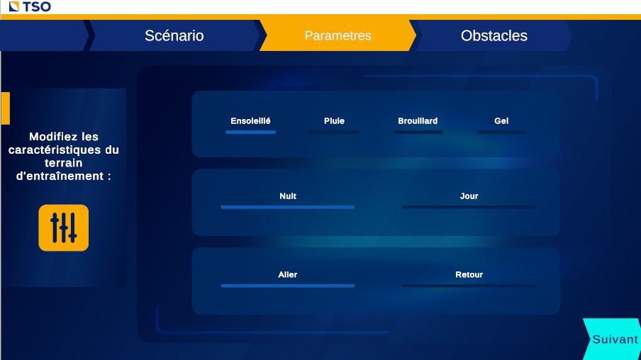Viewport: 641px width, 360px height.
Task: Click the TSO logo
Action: [x=30, y=7]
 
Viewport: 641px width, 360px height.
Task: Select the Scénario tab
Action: [x=174, y=35]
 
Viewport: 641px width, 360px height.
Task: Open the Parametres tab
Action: [x=338, y=35]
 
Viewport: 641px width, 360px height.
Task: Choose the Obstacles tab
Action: [x=494, y=35]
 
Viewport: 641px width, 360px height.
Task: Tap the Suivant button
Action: [x=614, y=339]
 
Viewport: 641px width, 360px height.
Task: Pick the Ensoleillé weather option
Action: [x=250, y=121]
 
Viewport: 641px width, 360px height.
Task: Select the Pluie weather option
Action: [x=334, y=121]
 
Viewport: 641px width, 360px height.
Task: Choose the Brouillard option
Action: [x=418, y=121]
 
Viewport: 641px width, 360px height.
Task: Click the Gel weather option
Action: [x=501, y=121]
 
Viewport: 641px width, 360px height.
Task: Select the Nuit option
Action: [x=287, y=196]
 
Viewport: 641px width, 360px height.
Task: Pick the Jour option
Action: [x=469, y=196]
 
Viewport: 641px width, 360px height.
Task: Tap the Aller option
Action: [x=287, y=275]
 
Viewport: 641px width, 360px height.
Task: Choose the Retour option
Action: [x=469, y=275]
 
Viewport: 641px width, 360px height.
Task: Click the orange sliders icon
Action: [x=64, y=227]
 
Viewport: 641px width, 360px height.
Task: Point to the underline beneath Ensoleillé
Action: [x=250, y=132]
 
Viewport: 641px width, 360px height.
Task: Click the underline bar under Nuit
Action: [x=287, y=207]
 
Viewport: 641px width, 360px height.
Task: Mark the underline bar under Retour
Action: [x=469, y=286]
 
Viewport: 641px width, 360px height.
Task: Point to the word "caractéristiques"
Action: [x=64, y=150]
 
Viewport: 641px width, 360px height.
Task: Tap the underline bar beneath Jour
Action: [x=469, y=207]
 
